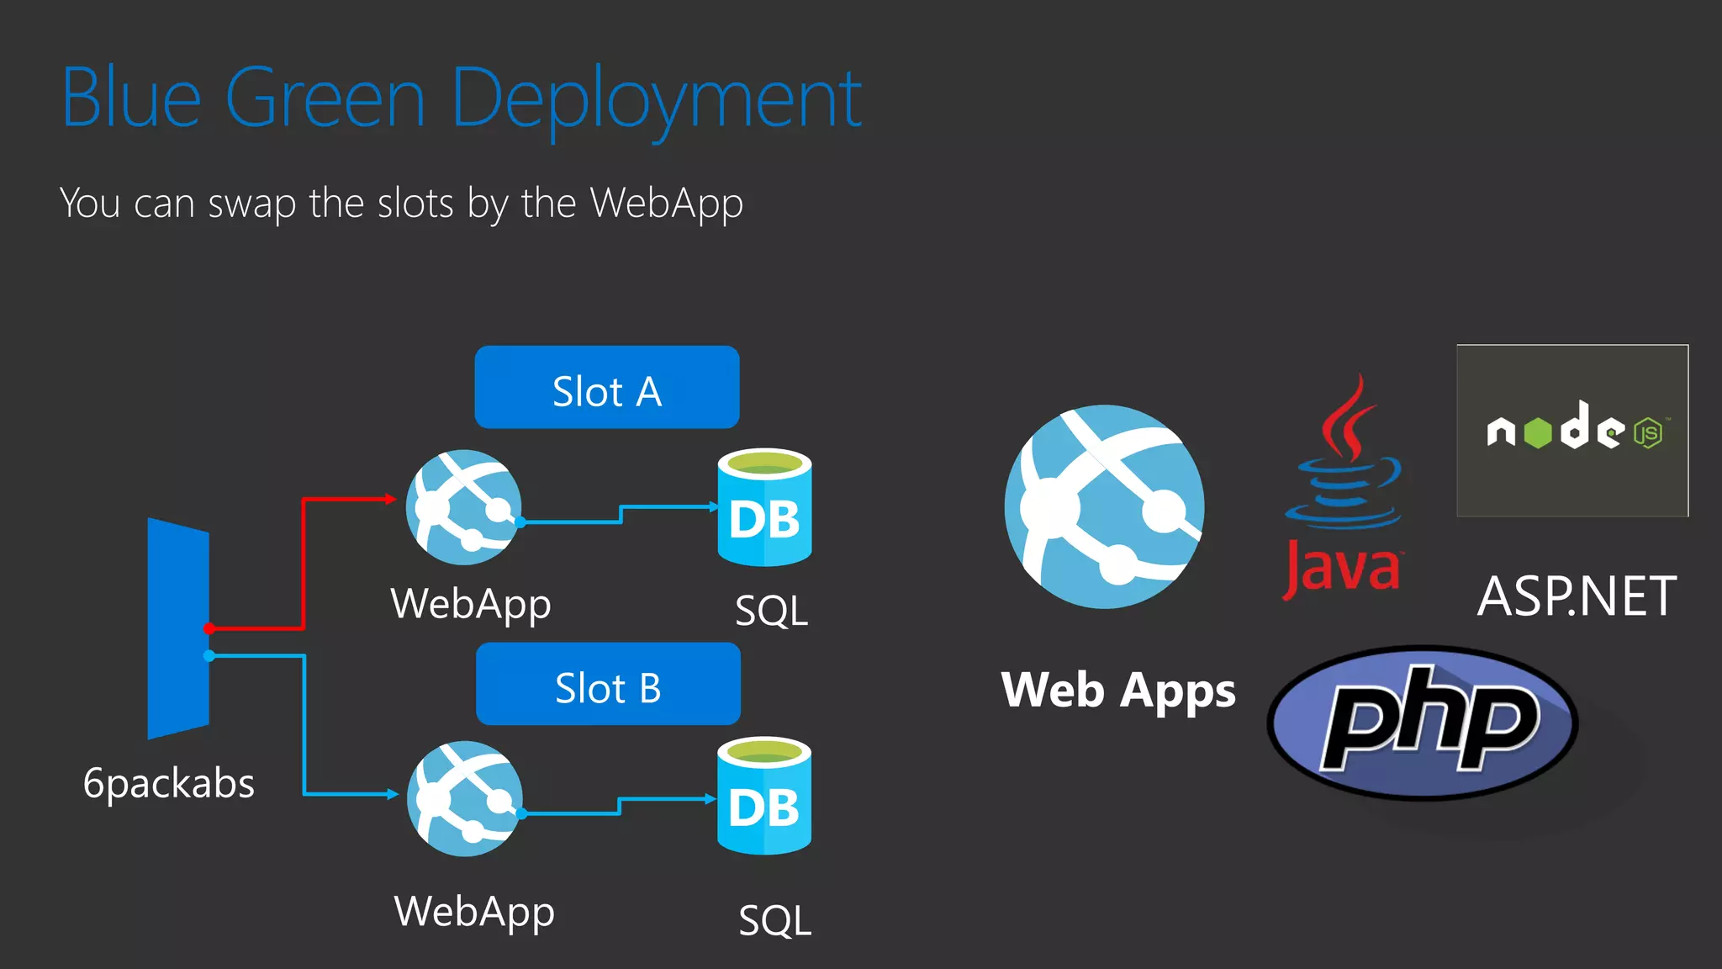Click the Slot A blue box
[606, 388]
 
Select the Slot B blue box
[608, 684]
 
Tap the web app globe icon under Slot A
[463, 507]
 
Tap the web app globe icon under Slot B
[464, 799]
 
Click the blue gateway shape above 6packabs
[178, 628]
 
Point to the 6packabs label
[168, 783]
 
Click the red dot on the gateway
[209, 628]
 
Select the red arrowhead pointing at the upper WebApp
[391, 499]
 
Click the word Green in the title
[325, 98]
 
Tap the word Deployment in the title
[657, 100]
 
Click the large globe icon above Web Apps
[1104, 506]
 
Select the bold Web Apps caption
[1117, 691]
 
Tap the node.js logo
[1571, 431]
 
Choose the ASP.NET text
[1577, 596]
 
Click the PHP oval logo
[1423, 723]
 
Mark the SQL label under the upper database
[771, 611]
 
